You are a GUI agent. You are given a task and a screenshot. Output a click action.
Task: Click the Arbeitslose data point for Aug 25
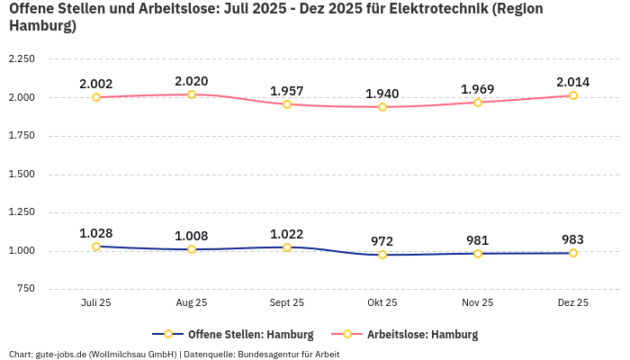pos(192,94)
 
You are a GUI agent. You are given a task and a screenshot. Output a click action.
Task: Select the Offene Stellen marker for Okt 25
pos(382,255)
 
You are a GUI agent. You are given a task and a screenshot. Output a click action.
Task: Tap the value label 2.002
pos(96,84)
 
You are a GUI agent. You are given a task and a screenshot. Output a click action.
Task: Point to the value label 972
pos(382,241)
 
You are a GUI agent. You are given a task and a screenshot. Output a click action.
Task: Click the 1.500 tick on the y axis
pos(22,174)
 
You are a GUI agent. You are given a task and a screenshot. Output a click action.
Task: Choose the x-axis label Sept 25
pos(287,303)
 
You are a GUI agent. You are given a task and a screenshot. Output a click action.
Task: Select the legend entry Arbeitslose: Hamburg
pos(422,334)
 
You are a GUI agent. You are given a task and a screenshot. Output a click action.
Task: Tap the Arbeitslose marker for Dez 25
pos(573,95)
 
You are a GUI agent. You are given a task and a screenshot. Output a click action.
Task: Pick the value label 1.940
pos(382,94)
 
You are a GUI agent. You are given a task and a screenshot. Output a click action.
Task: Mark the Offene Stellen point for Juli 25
pos(96,247)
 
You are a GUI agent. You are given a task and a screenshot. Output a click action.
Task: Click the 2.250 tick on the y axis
pos(22,59)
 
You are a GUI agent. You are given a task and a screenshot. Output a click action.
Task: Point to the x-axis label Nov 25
pos(478,303)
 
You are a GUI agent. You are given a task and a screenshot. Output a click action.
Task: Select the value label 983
pos(573,239)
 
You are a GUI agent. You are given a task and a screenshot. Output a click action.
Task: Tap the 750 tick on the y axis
pos(25,289)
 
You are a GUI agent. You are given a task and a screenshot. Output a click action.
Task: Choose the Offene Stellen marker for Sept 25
pos(287,247)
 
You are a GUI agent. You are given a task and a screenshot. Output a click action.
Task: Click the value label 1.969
pos(478,89)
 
